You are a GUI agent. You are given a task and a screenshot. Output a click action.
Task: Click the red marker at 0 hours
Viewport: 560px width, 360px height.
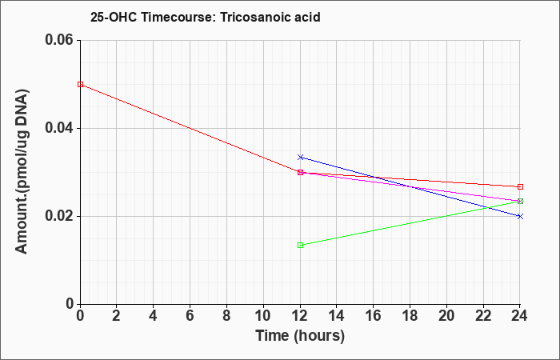[80, 84]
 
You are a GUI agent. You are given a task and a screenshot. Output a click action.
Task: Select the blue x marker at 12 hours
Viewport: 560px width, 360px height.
[300, 157]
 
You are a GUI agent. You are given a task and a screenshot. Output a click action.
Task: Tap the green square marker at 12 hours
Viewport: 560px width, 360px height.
[300, 245]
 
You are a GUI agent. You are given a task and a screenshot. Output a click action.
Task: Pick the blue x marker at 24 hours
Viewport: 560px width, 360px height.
[520, 216]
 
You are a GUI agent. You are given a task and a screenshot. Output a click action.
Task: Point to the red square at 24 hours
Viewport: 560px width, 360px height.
[520, 186]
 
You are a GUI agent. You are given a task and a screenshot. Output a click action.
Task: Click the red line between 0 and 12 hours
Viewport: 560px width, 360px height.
[190, 128]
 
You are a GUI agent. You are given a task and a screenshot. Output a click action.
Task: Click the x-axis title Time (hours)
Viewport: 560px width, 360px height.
[300, 336]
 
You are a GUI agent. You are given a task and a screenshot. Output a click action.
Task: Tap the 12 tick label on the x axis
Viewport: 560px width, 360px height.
[300, 316]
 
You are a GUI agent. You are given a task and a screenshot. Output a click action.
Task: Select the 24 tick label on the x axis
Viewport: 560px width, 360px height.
[520, 316]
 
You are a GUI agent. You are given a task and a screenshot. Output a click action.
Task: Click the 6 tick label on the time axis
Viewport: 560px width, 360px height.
[190, 316]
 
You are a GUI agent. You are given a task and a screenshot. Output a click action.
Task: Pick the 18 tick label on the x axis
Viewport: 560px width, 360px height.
[410, 316]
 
